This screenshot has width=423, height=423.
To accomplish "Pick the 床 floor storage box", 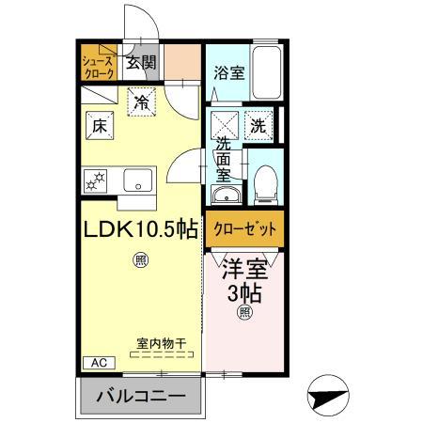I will (99, 122).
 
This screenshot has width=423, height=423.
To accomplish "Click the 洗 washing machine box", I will (258, 122).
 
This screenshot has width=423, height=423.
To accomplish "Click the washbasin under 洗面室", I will (225, 196).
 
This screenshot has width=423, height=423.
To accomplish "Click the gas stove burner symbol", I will (96, 179).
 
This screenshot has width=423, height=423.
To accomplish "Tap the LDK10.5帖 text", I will (141, 229).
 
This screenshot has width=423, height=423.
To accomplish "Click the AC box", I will (98, 362).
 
